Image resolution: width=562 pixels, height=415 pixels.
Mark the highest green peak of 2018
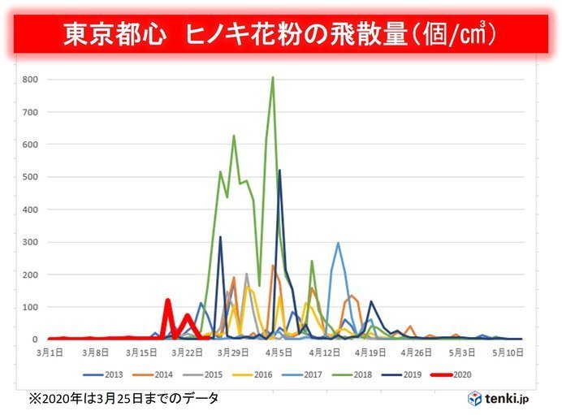tap(273, 78)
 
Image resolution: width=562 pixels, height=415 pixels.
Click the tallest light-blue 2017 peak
tap(338, 243)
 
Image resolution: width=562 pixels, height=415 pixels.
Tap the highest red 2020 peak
tap(168, 300)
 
